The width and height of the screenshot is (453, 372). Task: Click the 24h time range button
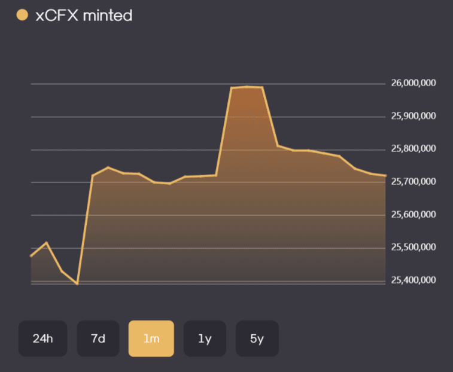[42, 338]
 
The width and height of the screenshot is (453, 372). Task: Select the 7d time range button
[98, 338]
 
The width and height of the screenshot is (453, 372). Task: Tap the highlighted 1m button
[151, 338]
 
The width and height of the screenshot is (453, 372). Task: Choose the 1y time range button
[205, 338]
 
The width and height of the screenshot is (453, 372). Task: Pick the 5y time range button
[257, 338]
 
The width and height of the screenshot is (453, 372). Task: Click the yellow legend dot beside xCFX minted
[22, 15]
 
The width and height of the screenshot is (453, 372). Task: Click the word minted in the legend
[108, 16]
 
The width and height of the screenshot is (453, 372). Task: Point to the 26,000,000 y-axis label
[414, 83]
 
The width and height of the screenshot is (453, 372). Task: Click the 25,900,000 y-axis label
[414, 116]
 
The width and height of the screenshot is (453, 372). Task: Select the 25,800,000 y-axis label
[414, 148]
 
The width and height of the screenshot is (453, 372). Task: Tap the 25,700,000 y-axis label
[414, 181]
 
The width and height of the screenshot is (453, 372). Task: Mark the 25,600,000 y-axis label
[414, 214]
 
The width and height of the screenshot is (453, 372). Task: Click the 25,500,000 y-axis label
[414, 247]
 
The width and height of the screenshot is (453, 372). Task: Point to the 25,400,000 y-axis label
[414, 280]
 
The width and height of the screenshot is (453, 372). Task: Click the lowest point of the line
[77, 284]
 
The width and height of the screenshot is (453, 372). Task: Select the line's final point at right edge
[385, 175]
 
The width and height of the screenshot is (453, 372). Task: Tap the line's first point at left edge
[31, 256]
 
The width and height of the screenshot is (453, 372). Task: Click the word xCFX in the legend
[57, 16]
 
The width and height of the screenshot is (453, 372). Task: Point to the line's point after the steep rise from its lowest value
[92, 175]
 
